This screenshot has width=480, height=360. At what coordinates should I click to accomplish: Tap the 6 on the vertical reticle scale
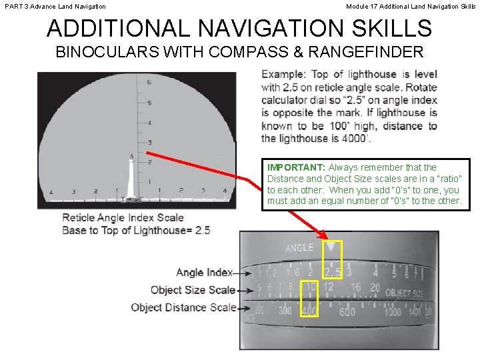149,82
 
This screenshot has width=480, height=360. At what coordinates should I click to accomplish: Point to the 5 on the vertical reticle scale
149,103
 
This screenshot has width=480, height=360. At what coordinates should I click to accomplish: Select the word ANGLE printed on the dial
299,248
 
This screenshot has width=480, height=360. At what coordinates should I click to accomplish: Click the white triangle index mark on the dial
331,246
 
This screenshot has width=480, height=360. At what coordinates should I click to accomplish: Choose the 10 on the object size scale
310,287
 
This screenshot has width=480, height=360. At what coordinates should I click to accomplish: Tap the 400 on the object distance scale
309,311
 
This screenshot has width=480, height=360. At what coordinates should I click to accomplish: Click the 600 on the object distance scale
347,311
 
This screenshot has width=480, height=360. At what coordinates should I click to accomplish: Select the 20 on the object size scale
374,288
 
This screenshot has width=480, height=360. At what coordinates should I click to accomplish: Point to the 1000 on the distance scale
393,312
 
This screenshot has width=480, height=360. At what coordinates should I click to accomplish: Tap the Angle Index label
205,272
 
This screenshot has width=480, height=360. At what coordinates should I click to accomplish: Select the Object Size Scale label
193,290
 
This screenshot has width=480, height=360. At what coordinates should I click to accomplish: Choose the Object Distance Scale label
183,307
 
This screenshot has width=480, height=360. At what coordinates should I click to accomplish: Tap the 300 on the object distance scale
285,311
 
